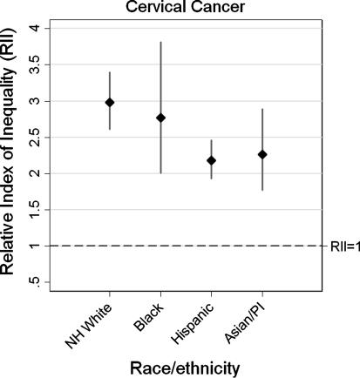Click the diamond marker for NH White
(x=110, y=102)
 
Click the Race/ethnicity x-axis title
(x=184, y=368)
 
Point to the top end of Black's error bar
(x=160, y=42)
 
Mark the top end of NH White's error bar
(x=110, y=72)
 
